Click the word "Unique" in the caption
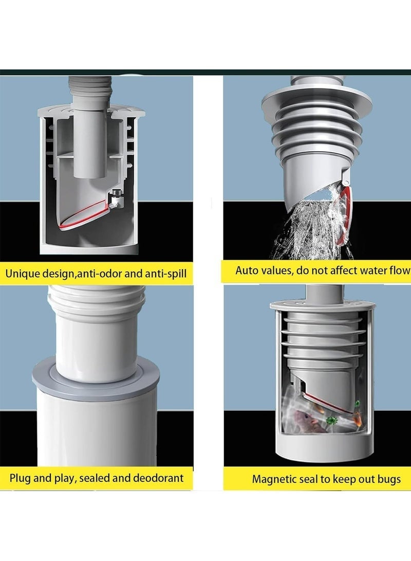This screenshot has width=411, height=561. pos(23,274)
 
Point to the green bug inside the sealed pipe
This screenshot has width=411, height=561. pos(332,421)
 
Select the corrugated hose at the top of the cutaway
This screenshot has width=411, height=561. pos(90,91)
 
